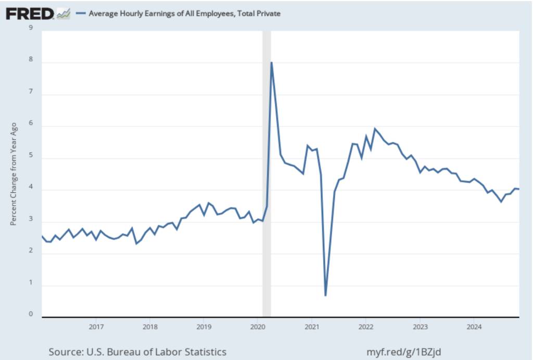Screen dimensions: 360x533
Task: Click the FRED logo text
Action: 30,13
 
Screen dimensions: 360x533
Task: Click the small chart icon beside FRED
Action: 64,14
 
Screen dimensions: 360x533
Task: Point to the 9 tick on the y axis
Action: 31,28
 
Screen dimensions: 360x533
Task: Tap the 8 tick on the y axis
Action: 31,59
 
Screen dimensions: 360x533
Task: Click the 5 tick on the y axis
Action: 31,155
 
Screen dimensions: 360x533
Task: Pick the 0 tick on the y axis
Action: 31,314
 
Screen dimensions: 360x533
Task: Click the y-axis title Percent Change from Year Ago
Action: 14,174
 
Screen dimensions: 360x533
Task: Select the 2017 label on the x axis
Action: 96,327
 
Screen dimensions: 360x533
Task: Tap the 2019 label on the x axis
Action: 204,327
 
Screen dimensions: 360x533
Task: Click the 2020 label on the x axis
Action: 258,327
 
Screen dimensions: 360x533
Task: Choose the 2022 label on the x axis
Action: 365,327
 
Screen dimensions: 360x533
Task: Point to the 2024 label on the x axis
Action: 473,327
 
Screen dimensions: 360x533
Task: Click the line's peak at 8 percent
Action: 271,63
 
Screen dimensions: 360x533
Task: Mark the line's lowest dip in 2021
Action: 325,295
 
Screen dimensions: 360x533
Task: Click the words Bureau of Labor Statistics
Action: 170,352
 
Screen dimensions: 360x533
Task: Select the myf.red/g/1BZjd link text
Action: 404,352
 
